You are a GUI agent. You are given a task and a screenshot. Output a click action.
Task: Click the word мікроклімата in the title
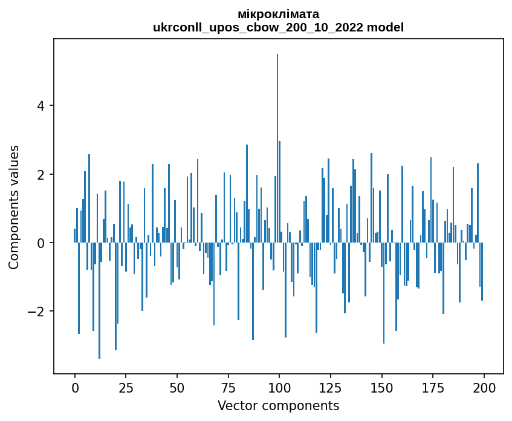pyautogui.click(x=279, y=14)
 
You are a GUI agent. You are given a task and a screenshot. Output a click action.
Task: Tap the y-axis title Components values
pyautogui.click(x=14, y=207)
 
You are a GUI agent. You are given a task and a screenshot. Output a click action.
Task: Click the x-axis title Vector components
pyautogui.click(x=278, y=405)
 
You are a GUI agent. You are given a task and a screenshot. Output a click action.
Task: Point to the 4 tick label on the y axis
pyautogui.click(x=42, y=106)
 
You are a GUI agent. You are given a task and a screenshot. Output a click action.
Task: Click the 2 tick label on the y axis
pyautogui.click(x=42, y=174)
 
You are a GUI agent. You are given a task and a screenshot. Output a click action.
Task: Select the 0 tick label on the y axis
pyautogui.click(x=42, y=243)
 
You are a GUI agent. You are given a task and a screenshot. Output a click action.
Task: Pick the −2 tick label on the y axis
pyautogui.click(x=38, y=312)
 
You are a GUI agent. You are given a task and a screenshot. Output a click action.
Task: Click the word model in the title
pyautogui.click(x=387, y=27)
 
